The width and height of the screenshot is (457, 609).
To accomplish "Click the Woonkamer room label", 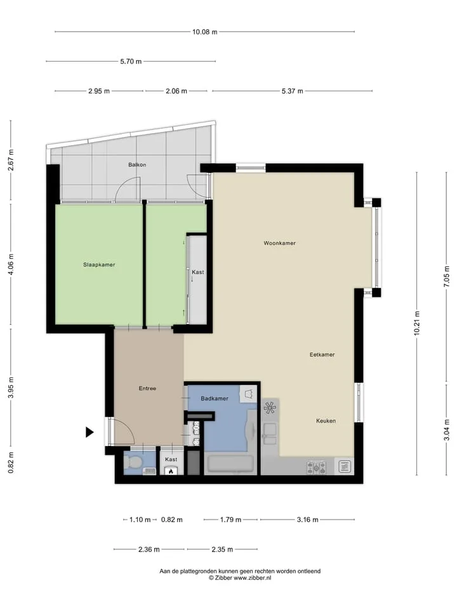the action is [279, 243].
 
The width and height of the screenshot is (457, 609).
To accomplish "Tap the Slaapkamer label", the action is [99, 265].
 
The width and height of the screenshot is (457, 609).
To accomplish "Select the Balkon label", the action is [137, 165].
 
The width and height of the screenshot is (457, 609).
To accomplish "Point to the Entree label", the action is [147, 388].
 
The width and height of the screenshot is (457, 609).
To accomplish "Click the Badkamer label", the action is [215, 398].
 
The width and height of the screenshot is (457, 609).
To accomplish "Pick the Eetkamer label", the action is [322, 355].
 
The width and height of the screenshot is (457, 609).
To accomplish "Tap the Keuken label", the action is [326, 421].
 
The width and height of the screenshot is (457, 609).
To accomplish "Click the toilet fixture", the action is [134, 462].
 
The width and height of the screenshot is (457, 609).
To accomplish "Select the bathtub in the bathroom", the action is [231, 464].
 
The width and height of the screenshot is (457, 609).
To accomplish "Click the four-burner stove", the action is [316, 467].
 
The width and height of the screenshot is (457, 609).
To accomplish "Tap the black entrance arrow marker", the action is [89, 432].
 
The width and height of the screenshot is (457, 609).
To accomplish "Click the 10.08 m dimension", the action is [205, 32].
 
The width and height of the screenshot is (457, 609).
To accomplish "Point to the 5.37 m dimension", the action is [292, 91].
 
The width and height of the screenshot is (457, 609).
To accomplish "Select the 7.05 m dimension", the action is [446, 277].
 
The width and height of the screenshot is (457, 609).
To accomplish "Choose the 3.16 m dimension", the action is [307, 520].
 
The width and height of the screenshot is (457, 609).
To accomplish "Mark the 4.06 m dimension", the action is [11, 265].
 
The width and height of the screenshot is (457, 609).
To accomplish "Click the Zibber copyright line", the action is [240, 578].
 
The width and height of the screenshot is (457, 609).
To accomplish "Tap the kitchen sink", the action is [270, 433].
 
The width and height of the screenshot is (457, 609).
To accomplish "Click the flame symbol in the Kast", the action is [171, 471].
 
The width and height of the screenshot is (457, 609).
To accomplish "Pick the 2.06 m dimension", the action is [176, 91].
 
